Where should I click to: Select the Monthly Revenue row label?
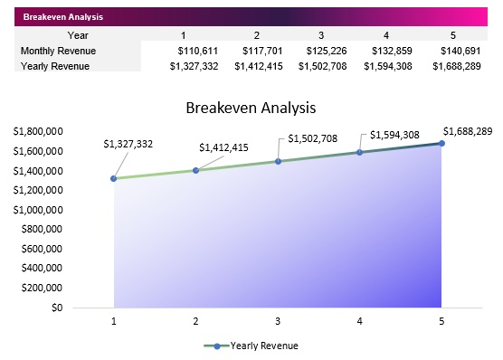pyautogui.click(x=58, y=51)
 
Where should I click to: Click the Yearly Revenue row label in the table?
pyautogui.click(x=54, y=66)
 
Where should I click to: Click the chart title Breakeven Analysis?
pyautogui.click(x=251, y=108)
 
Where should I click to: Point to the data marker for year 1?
pyautogui.click(x=114, y=178)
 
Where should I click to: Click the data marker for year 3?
pyautogui.click(x=278, y=161)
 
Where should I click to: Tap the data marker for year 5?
pyautogui.click(x=441, y=143)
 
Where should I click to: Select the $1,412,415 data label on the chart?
pyautogui.click(x=223, y=147)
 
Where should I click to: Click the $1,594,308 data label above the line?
pyautogui.click(x=395, y=136)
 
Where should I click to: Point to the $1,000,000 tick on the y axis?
pyautogui.click(x=38, y=210)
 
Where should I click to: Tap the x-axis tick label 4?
pyautogui.click(x=359, y=321)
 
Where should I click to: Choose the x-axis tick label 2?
pyautogui.click(x=195, y=321)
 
